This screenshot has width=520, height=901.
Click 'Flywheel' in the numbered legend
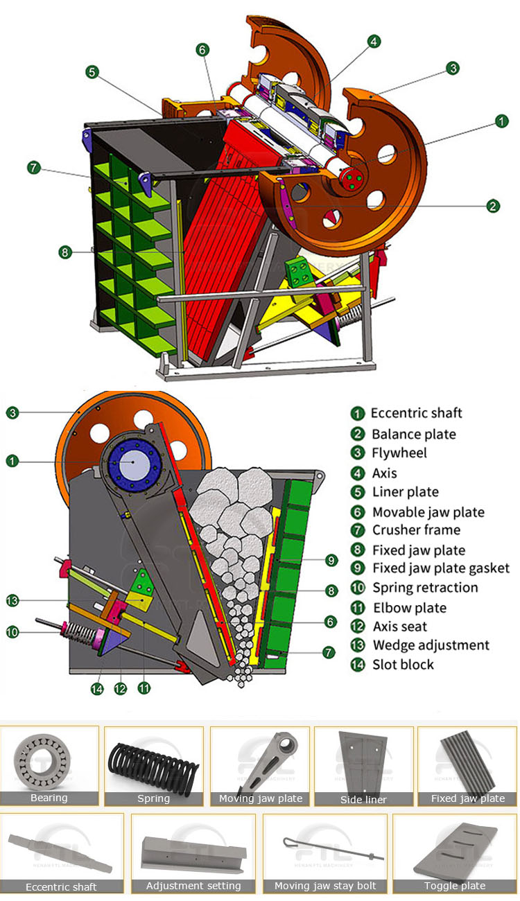(399, 453)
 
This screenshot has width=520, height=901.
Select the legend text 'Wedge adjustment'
(431, 645)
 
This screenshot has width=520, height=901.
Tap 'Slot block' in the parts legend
(403, 665)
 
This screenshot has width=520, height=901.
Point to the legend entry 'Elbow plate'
(409, 608)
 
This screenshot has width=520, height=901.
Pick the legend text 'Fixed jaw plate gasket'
(441, 568)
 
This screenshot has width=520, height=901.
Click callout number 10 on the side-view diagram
(12, 631)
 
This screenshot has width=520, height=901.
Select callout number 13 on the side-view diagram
(12, 600)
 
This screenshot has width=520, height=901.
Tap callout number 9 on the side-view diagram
(331, 560)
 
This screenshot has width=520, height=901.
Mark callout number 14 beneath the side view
(96, 688)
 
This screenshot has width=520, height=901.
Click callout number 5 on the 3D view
(92, 71)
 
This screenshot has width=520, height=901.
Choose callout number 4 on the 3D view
(374, 42)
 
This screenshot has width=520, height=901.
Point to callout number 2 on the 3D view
(493, 206)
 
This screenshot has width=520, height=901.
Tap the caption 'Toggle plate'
(454, 886)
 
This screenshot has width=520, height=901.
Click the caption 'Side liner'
(363, 800)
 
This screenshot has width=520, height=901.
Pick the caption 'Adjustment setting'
(193, 886)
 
